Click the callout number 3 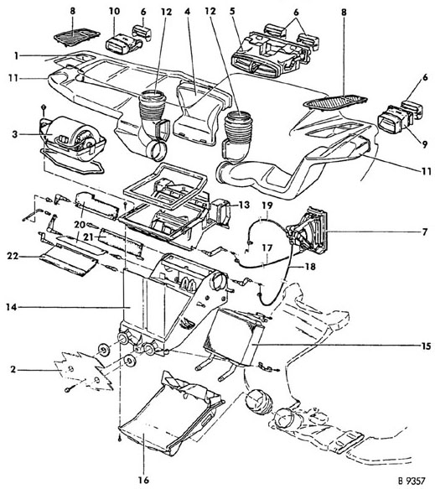pyautogui.click(x=14, y=134)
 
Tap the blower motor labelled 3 pyautogui.click(x=73, y=138)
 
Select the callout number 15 pyautogui.click(x=426, y=346)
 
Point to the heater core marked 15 pyautogui.click(x=233, y=337)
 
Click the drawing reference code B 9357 pyautogui.click(x=412, y=481)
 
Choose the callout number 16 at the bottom pyautogui.click(x=144, y=480)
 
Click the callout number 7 pyautogui.click(x=425, y=232)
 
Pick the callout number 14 pyautogui.click(x=12, y=308)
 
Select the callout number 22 pyautogui.click(x=13, y=257)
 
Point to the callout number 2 pyautogui.click(x=13, y=370)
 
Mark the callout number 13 pyautogui.click(x=244, y=205)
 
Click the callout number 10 pyautogui.click(x=114, y=12)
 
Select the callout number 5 pyautogui.click(x=232, y=12)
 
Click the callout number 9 pyautogui.click(x=425, y=144)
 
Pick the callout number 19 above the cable pyautogui.click(x=267, y=205)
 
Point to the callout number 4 pyautogui.click(x=187, y=12)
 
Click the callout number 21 pyautogui.click(x=89, y=237)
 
